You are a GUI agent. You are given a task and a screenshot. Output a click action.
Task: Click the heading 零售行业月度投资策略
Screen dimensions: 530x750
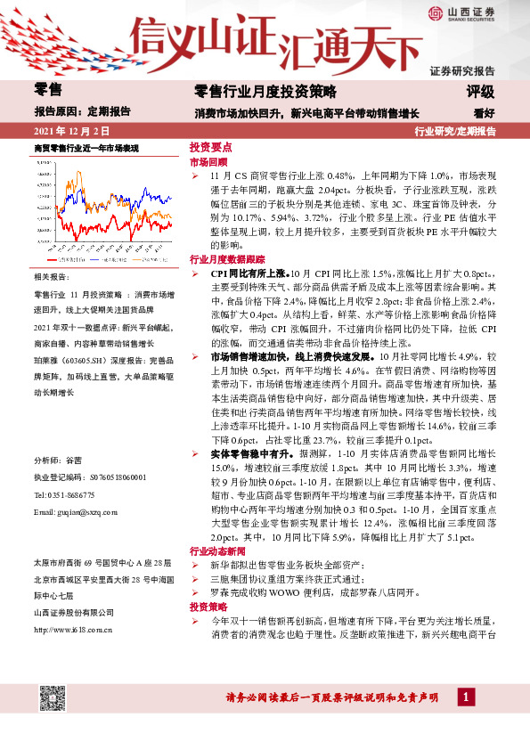[265, 91]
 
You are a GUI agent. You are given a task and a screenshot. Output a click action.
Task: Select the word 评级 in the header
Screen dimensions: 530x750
[480, 91]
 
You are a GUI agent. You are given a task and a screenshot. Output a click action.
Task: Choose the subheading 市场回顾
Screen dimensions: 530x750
[208, 164]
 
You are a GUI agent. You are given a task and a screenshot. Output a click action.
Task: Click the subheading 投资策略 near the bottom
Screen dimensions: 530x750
[208, 606]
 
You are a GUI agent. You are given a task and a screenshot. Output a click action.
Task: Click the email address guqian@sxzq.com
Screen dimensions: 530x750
[75, 514]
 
